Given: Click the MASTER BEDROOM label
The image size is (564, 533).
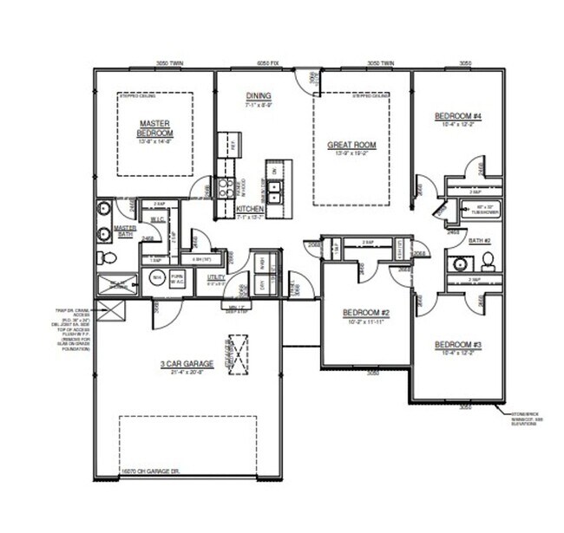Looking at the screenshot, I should [155, 128].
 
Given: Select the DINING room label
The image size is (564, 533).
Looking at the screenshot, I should [259, 96].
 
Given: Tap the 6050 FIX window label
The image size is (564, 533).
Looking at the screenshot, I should [266, 63].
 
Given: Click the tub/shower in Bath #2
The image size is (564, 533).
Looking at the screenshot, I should [478, 208].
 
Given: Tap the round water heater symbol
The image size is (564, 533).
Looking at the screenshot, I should [158, 277].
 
